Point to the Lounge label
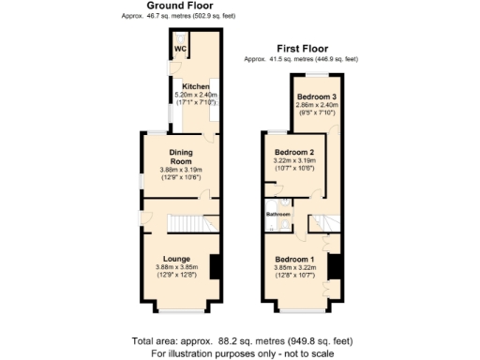176,258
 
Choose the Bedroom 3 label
317,97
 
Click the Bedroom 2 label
293,152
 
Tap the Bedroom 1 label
294,258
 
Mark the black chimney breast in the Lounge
215,267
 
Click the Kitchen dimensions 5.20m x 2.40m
196,95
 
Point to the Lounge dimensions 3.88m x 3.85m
176,267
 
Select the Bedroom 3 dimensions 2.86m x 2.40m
317,105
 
